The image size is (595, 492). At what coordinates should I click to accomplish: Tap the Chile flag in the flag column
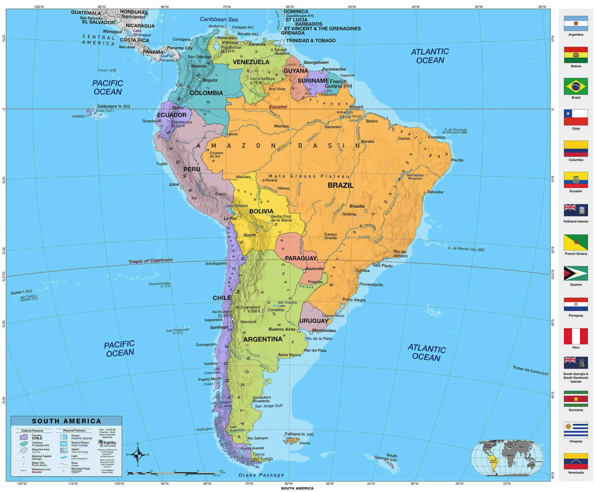tap(575, 117)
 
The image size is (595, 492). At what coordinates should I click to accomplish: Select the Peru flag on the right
tap(575, 336)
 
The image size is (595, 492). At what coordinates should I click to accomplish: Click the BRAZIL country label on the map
tap(341, 186)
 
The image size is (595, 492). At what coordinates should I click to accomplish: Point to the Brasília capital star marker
tap(366, 211)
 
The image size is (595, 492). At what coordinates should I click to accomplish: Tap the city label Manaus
tap(281, 126)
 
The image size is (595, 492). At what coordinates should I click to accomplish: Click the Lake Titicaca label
tap(236, 206)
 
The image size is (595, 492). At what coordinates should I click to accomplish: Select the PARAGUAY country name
tap(301, 258)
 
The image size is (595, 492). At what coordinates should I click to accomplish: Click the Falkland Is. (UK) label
tap(299, 434)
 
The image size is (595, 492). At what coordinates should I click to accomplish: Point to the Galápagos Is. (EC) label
tap(113, 106)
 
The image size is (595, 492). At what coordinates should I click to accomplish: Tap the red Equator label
tap(278, 107)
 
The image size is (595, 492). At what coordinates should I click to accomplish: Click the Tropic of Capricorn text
tap(150, 261)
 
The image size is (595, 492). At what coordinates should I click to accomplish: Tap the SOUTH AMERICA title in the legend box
tap(66, 421)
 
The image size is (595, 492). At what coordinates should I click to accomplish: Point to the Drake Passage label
tap(261, 475)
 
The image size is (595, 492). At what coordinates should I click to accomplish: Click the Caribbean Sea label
tap(219, 19)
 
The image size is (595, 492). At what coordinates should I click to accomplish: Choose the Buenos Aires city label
tap(282, 329)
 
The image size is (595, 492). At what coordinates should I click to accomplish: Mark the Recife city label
tap(457, 160)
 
